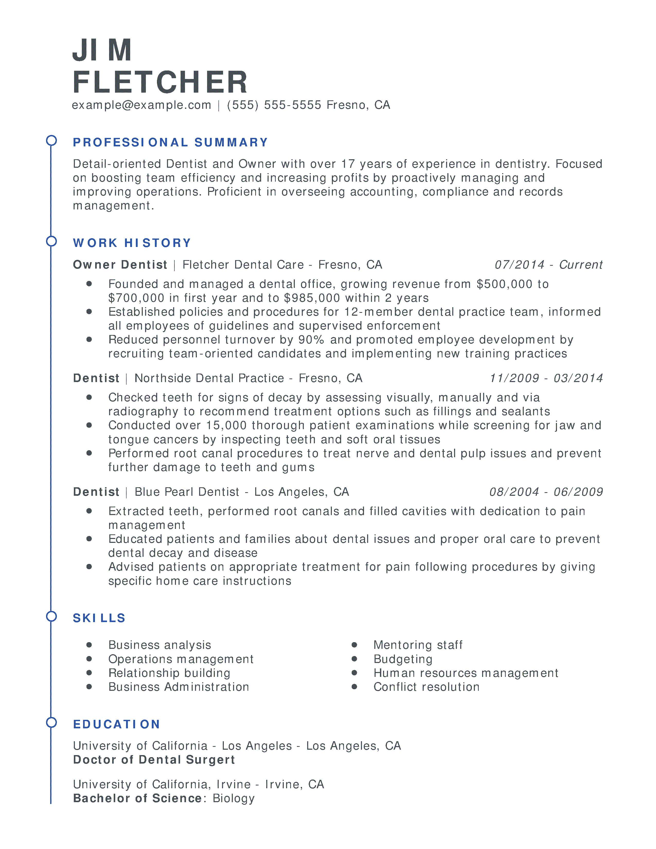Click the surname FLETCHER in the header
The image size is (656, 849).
coord(160,82)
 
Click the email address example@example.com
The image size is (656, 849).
coord(141,105)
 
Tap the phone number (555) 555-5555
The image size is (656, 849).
coord(274,105)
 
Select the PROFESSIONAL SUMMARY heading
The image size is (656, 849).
coord(171,142)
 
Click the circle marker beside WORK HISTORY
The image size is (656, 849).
coord(51,241)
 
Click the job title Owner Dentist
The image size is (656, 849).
coord(120,265)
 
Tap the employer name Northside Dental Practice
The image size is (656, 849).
coord(209,378)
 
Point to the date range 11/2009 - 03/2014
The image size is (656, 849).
coord(546,378)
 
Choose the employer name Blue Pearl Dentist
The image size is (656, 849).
coord(187,492)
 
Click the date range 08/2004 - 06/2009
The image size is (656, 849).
coord(546,492)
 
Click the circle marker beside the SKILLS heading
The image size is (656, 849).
coord(51,616)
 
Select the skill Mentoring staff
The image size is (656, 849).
coord(418,645)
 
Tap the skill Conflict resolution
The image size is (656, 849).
coord(426,687)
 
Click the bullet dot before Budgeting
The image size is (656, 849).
coord(354,659)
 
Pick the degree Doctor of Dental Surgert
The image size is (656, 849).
coord(154,759)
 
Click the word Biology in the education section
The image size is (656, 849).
coord(234,798)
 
